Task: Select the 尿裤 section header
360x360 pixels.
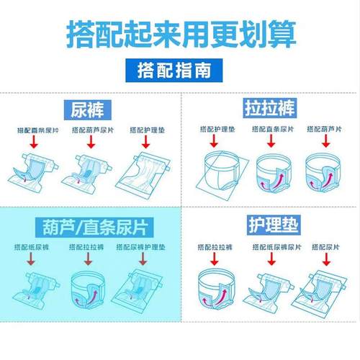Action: pos(89,109)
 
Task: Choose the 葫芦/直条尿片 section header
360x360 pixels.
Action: pos(89,228)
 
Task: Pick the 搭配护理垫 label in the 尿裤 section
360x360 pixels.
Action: pos(148,130)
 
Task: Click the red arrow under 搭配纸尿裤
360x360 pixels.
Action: pos(32,261)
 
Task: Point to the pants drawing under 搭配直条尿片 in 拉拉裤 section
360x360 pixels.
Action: pos(272,173)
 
